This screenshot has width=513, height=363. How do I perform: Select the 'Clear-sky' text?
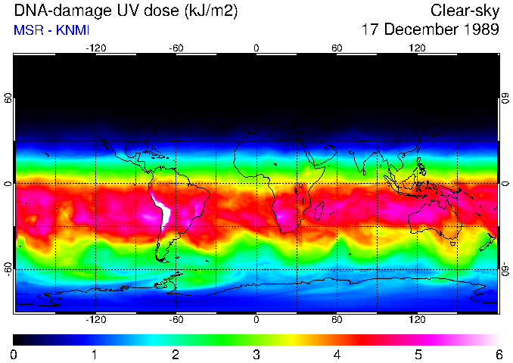pos(465,11)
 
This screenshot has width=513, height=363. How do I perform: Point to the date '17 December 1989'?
pos(431,30)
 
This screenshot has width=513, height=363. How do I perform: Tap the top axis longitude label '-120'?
pos(95,48)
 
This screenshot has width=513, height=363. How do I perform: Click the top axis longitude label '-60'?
pos(176,48)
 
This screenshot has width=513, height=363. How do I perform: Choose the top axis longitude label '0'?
pos(256,48)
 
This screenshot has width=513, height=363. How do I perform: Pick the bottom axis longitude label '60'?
pos(337,320)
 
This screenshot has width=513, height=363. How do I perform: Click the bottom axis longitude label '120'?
pos(417,320)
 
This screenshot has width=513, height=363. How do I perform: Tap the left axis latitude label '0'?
pos(8,184)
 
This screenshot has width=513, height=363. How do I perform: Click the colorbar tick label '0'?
pos(14,354)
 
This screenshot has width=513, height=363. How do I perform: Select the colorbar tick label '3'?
pos(256,354)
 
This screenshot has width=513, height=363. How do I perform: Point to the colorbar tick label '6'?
pos(498,354)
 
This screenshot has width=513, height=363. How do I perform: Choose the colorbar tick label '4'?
pos(337,354)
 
